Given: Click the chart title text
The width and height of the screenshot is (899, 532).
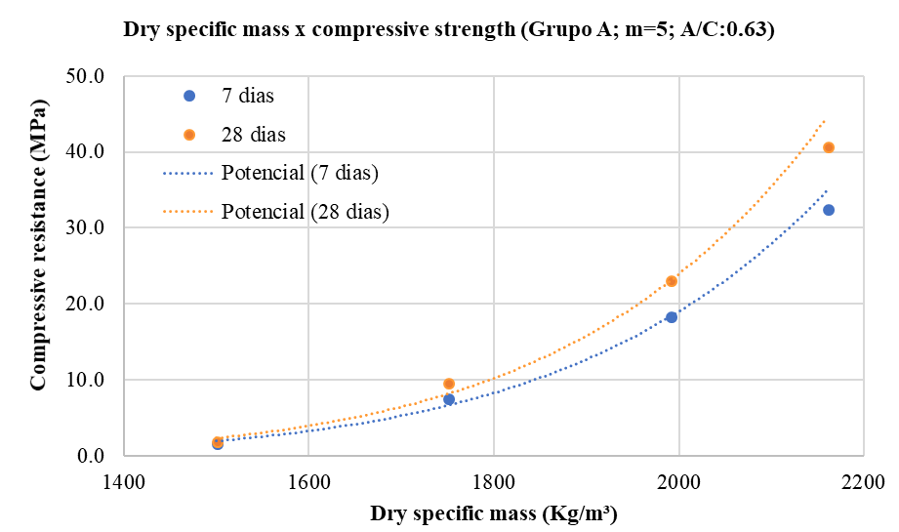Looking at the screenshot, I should [449, 29].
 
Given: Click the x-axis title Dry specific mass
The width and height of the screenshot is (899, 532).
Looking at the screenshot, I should [493, 512].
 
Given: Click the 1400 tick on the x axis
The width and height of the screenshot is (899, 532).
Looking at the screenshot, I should [122, 480].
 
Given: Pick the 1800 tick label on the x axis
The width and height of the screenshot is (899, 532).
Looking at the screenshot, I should [493, 480].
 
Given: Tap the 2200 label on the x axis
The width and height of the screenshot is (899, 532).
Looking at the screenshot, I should [863, 480].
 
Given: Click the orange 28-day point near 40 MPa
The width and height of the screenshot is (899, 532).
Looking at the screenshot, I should [829, 147].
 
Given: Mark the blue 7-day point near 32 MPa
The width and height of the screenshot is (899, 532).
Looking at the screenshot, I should [829, 210].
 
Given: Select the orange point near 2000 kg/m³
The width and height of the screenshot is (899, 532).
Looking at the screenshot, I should [672, 281].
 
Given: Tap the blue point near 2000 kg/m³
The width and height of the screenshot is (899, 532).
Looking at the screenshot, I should [672, 317].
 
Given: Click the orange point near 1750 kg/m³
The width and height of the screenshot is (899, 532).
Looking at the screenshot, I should [449, 384].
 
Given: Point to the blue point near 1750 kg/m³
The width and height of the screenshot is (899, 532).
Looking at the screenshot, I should [449, 399].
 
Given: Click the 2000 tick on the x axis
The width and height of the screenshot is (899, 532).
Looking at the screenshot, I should [678, 480].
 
